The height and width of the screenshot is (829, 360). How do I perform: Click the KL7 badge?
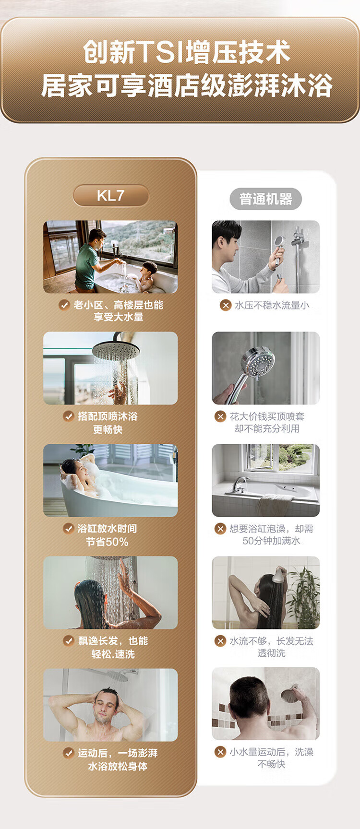pos(111,196)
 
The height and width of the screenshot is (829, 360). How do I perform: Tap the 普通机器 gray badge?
pos(265,199)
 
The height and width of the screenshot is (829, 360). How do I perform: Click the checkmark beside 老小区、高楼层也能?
pos(64,305)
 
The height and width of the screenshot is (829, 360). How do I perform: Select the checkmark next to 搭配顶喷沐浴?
pos(69,416)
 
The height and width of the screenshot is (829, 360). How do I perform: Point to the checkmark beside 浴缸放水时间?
pos(69,528)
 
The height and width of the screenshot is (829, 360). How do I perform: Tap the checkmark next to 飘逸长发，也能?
pos(69,640)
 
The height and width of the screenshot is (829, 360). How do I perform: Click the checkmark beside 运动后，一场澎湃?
pos(69,753)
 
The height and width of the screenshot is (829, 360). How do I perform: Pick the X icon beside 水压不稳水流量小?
pos(225,305)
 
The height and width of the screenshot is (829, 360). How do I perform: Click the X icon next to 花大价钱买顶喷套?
pos(220,416)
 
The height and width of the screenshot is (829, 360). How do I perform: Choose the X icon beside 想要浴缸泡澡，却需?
pos(220,529)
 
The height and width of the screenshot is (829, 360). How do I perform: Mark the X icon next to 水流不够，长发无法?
pos(220,641)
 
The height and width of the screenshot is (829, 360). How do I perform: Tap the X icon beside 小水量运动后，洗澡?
pos(220,752)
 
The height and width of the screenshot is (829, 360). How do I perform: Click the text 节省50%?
pos(107,542)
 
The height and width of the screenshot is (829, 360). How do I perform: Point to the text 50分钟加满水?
pos(271,541)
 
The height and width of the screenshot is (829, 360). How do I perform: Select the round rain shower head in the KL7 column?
pos(115,350)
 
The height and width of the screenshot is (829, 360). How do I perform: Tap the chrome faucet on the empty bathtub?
pos(239,484)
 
